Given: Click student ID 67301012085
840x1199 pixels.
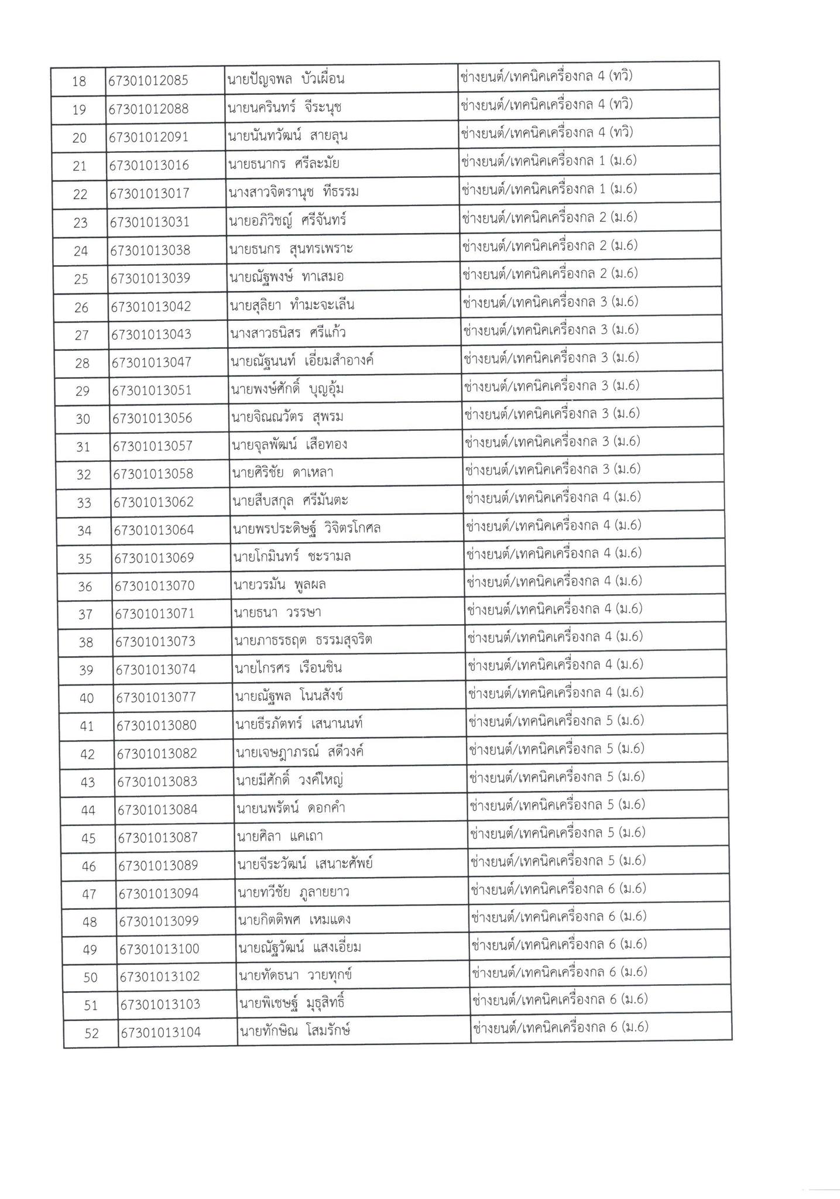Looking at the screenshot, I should click(149, 81).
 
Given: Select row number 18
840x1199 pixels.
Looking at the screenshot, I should click(78, 81).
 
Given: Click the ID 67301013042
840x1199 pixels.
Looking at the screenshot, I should click(151, 306).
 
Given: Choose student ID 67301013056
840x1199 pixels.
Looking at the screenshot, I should click(152, 419).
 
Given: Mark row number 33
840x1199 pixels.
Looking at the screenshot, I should click(84, 502).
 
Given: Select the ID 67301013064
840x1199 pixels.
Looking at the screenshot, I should click(154, 530).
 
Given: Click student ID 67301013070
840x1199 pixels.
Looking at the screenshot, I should click(155, 586).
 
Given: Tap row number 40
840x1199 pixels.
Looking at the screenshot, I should click(87, 698).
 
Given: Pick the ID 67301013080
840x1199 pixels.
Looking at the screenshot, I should click(156, 726).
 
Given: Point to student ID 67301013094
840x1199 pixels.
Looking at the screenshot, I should click(159, 893).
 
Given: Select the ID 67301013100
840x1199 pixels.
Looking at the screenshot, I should click(159, 949).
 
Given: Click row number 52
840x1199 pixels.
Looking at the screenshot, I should click(92, 1034).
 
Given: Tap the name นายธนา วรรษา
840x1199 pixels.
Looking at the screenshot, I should click(278, 613).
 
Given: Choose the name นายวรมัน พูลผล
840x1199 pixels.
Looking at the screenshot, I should click(280, 585).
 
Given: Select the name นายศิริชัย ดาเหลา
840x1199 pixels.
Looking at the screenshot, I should click(283, 472).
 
